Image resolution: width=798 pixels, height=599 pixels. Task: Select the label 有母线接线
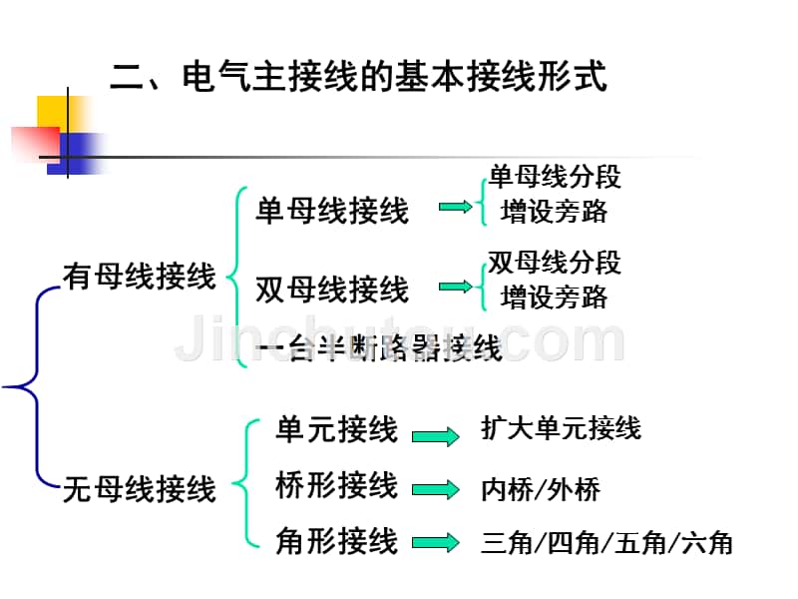139,276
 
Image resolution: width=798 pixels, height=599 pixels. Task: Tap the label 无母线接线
139,489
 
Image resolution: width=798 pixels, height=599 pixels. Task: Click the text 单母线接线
332,211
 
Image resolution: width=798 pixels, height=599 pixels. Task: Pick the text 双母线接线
332,290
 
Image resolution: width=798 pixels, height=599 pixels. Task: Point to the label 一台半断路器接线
379,348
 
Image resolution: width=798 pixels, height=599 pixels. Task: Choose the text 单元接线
336,430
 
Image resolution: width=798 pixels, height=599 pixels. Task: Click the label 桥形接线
336,486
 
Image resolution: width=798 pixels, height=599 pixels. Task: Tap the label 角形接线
336,542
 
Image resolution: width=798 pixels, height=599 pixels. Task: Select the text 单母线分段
555,177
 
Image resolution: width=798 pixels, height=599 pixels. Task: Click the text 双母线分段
555,263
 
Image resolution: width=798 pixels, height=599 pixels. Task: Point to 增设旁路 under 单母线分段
555,211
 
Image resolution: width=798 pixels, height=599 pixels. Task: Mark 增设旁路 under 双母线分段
555,297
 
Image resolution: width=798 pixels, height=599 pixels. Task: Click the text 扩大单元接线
561,429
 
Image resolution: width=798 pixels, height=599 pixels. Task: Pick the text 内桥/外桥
541,489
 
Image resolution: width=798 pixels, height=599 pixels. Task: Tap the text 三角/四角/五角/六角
606,544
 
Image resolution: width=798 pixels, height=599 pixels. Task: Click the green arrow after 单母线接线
455,207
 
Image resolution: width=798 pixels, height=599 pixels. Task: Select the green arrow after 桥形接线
435,489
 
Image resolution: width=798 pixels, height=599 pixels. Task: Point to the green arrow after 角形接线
435,544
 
